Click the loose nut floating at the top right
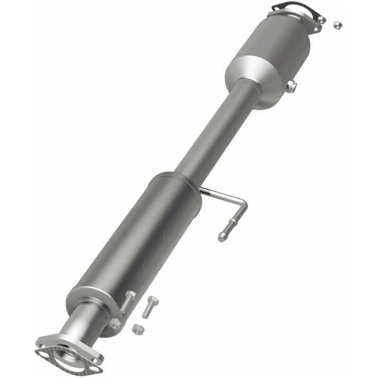(x=337, y=25)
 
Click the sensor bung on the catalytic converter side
(x=291, y=86)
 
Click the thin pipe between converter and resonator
(x=213, y=132)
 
